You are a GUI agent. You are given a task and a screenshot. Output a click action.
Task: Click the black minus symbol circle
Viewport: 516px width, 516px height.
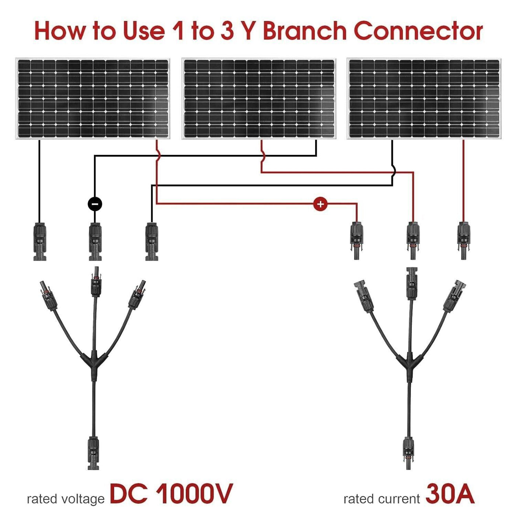95,204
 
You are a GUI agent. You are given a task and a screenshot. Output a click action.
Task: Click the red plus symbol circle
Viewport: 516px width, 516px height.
320,204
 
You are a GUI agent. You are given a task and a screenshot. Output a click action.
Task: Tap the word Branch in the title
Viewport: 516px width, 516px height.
304,31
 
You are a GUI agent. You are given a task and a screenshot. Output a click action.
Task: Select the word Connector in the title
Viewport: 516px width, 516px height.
418,31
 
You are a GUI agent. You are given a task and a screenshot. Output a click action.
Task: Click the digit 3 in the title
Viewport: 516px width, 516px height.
227,31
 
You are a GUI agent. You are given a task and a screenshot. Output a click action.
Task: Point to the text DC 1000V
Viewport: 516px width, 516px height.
171,494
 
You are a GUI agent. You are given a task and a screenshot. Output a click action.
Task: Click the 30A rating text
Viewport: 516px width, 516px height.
450,494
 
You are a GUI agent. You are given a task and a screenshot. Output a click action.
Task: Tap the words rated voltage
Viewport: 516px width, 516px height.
66,499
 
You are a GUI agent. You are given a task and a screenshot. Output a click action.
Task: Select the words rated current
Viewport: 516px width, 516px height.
381,499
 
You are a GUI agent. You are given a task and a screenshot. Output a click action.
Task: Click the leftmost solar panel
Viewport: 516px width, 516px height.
93,99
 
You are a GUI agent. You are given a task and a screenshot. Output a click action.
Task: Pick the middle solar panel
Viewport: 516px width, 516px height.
259,99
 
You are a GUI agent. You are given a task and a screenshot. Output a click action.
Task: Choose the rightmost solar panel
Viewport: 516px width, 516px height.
424,99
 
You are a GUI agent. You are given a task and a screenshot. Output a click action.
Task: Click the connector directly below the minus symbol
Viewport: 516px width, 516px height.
95,241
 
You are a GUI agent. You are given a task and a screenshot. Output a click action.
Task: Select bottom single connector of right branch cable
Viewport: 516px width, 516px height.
408,451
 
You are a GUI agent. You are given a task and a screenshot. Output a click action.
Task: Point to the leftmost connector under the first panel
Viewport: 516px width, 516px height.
40,241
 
